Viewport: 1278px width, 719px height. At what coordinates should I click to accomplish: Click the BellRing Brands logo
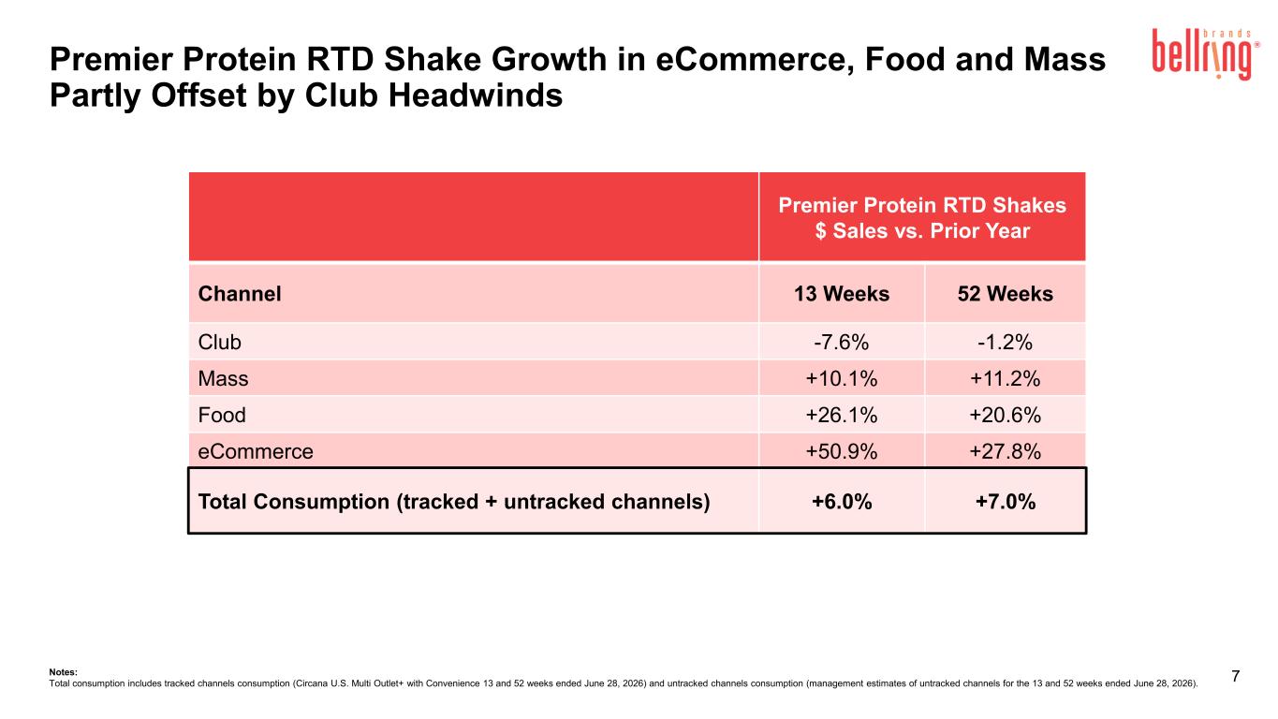(1205, 54)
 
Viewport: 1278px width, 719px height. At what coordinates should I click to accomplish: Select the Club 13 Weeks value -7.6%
(841, 343)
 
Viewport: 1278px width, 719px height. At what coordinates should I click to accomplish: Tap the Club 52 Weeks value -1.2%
(1005, 343)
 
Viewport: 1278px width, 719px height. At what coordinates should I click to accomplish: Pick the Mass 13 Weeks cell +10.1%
(841, 379)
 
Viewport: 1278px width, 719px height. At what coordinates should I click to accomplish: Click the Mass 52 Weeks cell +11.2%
(1005, 379)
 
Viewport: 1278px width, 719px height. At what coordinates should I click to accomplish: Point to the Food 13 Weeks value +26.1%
(841, 415)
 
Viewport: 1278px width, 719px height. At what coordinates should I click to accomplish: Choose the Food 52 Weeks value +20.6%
(1005, 415)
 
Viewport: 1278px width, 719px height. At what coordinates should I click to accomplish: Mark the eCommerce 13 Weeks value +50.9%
(841, 451)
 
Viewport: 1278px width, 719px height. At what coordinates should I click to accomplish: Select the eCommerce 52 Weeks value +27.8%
(1005, 451)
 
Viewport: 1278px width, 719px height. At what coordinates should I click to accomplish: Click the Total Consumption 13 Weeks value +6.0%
(842, 502)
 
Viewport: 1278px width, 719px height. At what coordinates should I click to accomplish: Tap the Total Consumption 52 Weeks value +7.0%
(1006, 502)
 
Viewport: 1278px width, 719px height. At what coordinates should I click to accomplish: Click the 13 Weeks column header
(842, 294)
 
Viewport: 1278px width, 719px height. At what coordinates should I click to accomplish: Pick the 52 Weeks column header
(1006, 294)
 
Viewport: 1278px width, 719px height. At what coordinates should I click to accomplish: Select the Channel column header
(240, 294)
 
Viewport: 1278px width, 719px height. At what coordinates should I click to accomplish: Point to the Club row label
(220, 343)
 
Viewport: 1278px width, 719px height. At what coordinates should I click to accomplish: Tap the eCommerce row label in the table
(256, 451)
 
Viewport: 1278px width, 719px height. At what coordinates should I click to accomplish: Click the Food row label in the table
(222, 415)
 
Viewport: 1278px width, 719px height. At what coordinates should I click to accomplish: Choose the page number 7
(1235, 676)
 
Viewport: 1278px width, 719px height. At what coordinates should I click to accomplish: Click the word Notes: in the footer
(64, 672)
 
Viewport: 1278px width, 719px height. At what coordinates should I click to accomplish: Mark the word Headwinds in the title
(476, 95)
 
